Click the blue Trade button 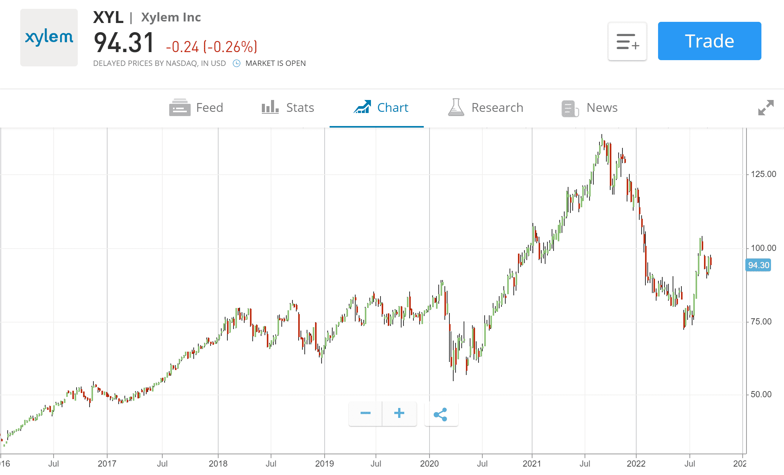tap(709, 41)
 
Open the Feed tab tap(196, 108)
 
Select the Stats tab tap(288, 108)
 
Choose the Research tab tap(485, 108)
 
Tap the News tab tap(590, 108)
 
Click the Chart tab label tap(392, 108)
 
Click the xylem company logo tap(49, 38)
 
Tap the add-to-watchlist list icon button tap(627, 41)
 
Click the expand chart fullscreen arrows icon tap(766, 108)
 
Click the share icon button tap(441, 414)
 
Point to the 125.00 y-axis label tap(763, 174)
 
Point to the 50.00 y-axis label tap(761, 395)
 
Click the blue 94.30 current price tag tap(758, 265)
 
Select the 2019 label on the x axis tap(324, 464)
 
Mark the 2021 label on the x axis tap(532, 464)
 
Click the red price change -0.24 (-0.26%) tap(211, 47)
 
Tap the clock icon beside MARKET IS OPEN tap(237, 63)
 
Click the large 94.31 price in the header tap(124, 43)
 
